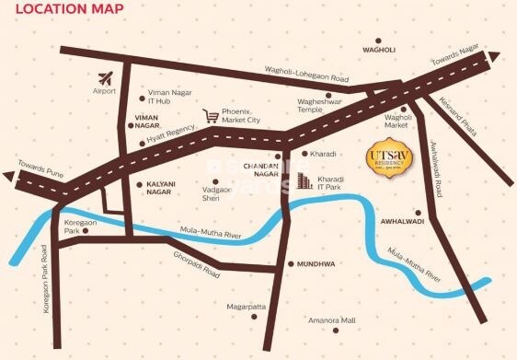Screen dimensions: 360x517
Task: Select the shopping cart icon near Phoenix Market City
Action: [211, 117]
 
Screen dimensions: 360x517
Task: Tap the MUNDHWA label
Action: [316, 264]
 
